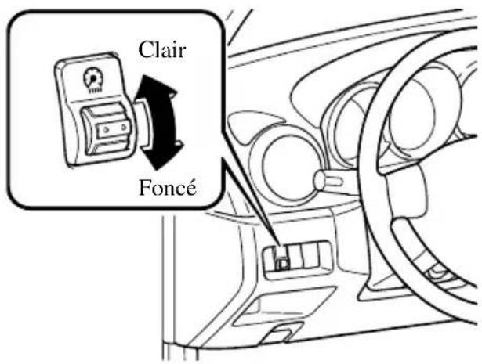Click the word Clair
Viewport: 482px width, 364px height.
(x=162, y=50)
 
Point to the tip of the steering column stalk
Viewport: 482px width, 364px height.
(x=319, y=181)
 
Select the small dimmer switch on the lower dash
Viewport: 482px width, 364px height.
(x=283, y=258)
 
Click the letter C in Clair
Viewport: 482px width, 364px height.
(x=147, y=50)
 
